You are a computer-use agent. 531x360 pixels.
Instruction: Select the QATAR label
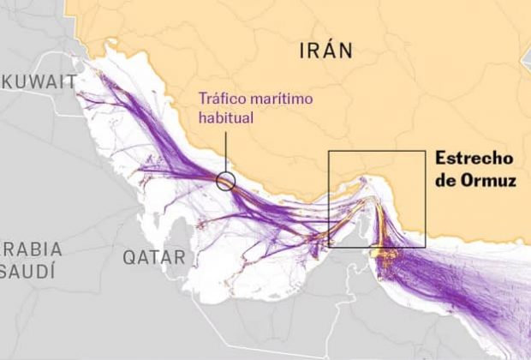pos(153,256)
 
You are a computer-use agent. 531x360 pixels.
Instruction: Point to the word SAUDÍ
pos(28,272)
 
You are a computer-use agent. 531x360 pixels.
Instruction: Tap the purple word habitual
pos(225,117)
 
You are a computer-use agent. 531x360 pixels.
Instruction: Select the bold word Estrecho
pos(474,159)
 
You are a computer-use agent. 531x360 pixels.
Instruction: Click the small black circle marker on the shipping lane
pos(225,180)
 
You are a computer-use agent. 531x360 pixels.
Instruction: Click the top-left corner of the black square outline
pos(329,151)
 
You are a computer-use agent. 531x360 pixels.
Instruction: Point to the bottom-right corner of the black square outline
pos(426,248)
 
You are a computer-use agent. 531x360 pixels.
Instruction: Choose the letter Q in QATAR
pos(128,256)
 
